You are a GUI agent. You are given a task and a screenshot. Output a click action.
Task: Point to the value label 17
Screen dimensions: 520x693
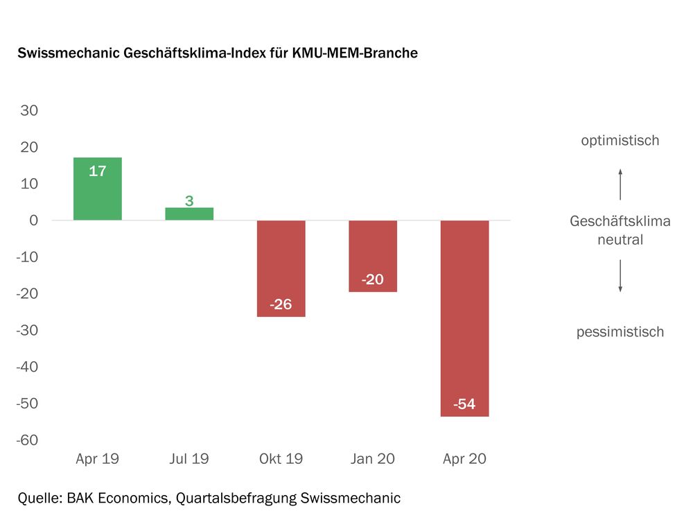98,171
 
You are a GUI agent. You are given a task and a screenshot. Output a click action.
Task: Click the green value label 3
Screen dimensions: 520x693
189,201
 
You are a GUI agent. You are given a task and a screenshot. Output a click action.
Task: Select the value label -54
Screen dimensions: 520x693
464,404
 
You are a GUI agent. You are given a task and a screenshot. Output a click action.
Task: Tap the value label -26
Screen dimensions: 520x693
281,304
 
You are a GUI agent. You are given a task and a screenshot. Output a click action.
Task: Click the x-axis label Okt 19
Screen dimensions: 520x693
281,459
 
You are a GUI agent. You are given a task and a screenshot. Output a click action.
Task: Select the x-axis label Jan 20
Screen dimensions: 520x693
372,459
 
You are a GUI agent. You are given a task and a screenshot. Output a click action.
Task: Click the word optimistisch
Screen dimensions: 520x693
620,141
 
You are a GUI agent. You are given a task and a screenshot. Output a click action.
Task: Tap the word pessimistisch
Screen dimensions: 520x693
620,332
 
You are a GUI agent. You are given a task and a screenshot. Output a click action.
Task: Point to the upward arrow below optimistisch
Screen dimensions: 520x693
620,183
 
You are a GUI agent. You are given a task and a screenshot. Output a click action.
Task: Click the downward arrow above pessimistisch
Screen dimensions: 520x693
620,277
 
